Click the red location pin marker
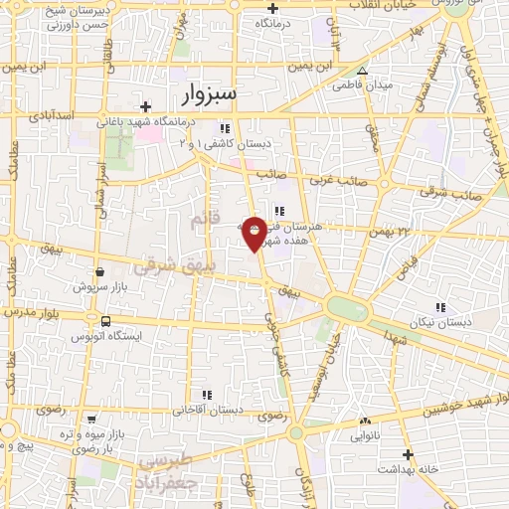254,233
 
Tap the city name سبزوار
210,93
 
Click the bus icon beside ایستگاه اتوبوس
105,321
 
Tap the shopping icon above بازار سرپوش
99,271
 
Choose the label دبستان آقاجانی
209,409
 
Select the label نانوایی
365,434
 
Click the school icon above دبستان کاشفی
225,128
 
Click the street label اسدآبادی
53,116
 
